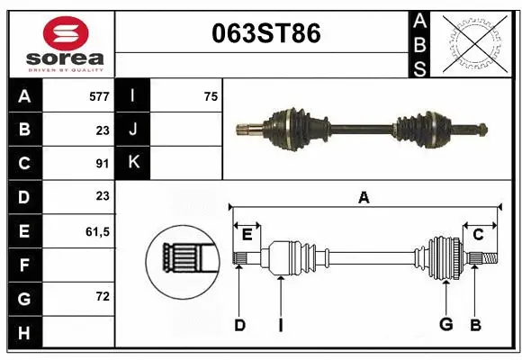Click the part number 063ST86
click(264, 34)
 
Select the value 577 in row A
click(99, 96)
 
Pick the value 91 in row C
click(103, 163)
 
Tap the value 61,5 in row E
click(97, 231)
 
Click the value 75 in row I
click(211, 96)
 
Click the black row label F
click(24, 265)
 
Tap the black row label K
click(133, 163)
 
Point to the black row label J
click(133, 130)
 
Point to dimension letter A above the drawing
click(364, 197)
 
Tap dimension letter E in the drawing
click(247, 234)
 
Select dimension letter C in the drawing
click(478, 234)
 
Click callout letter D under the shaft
click(239, 325)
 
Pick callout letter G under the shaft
click(445, 325)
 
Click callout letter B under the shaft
click(475, 325)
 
